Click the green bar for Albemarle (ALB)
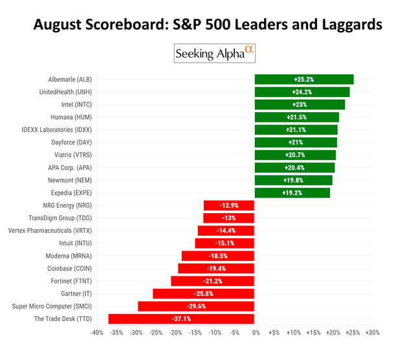[x=303, y=80]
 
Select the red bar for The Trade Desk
[x=181, y=319]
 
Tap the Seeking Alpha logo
[x=215, y=54]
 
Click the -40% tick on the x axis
[x=97, y=333]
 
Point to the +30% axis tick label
[x=372, y=333]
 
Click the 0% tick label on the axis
[x=256, y=333]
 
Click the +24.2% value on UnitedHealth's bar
[x=302, y=92]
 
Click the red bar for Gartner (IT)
[x=203, y=294]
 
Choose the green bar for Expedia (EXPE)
[x=292, y=193]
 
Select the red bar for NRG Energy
[x=228, y=205]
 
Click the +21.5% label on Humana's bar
[x=296, y=117]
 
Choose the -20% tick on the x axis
[x=175, y=333]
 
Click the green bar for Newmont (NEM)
[x=293, y=180]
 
